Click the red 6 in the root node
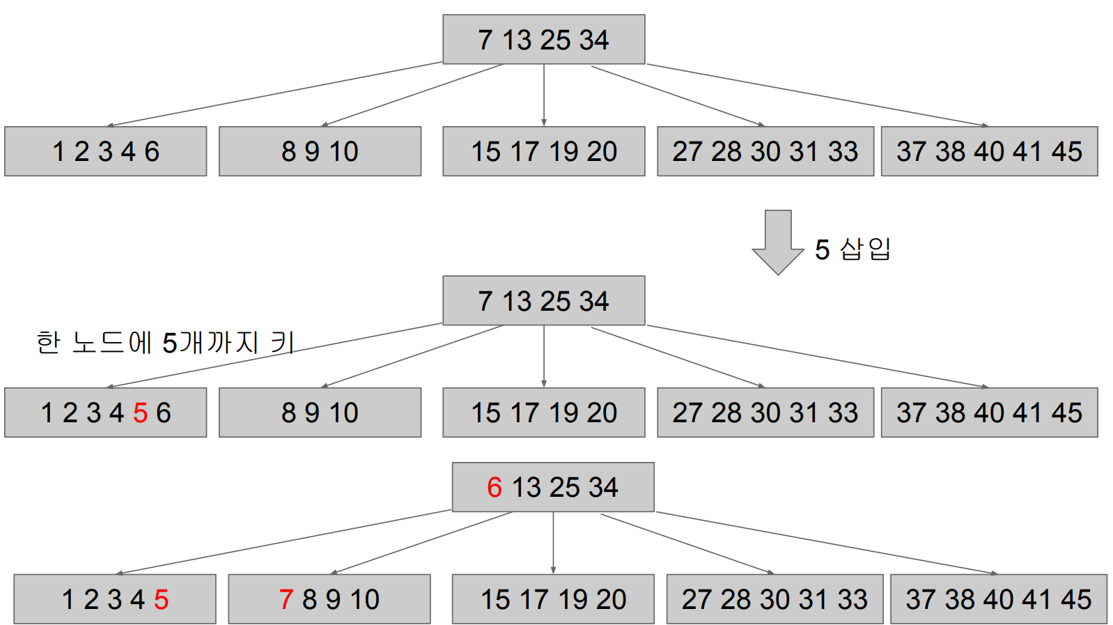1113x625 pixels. pos(494,488)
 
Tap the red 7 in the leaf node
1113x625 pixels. pos(286,599)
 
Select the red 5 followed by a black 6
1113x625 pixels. pos(140,413)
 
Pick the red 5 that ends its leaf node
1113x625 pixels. pos(161,599)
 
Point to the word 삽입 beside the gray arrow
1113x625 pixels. pos(866,249)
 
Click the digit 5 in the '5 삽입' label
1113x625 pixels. pos(822,249)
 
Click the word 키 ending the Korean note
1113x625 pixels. pos(282,343)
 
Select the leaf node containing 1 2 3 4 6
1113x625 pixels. pos(105,151)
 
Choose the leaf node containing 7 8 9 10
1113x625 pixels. pos(329,599)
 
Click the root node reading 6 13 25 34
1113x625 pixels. pos(553,487)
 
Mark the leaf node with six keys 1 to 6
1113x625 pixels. pos(105,412)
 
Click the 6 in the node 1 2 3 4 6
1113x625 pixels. pos(152,152)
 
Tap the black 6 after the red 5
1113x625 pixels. pos(164,413)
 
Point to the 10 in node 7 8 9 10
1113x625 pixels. pos(365,599)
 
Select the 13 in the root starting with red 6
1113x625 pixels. pos(526,488)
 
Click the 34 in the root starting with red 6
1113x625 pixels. pos(603,488)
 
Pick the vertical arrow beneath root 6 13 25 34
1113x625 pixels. pos(553,543)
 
